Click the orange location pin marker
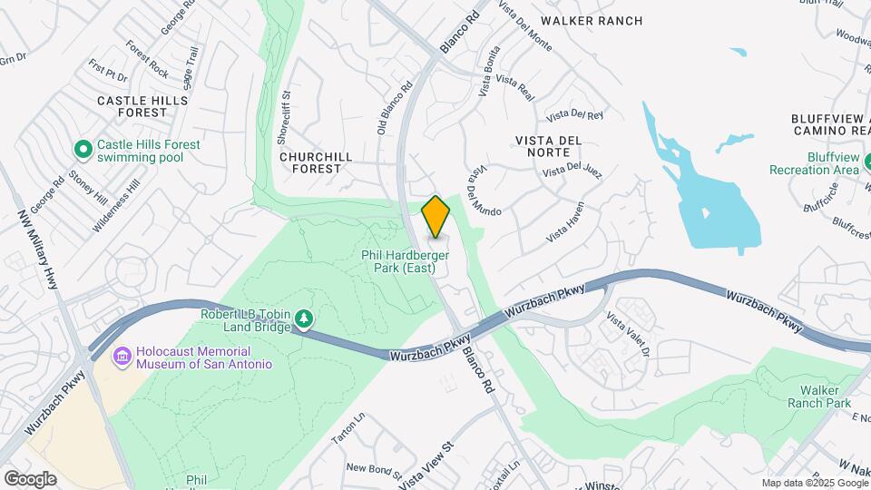pyautogui.click(x=436, y=217)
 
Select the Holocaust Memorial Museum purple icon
pyautogui.click(x=122, y=356)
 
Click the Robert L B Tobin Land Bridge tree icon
pyautogui.click(x=306, y=318)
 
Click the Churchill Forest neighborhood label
pyautogui.click(x=316, y=162)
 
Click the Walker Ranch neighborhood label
pyautogui.click(x=591, y=20)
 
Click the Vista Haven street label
pyautogui.click(x=565, y=223)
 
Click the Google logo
pyautogui.click(x=30, y=478)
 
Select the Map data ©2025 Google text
pyautogui.click(x=815, y=483)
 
